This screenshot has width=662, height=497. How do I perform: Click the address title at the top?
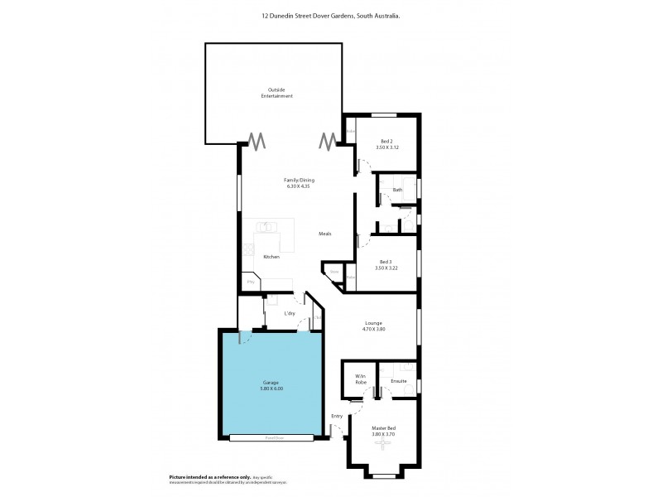[331, 14]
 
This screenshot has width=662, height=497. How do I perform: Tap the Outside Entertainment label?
[280, 93]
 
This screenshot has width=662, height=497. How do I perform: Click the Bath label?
[397, 190]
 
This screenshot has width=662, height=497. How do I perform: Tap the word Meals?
[325, 234]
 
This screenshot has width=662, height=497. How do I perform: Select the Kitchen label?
[271, 257]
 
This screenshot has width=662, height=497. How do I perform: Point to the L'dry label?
[290, 313]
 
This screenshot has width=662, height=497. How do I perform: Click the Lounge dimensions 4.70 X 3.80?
[374, 330]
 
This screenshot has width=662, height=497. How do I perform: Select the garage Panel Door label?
[271, 437]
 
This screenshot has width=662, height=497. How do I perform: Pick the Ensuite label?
[397, 382]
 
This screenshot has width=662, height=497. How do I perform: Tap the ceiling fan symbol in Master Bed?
[382, 443]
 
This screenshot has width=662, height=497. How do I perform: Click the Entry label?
[337, 416]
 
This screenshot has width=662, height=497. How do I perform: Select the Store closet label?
[334, 272]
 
